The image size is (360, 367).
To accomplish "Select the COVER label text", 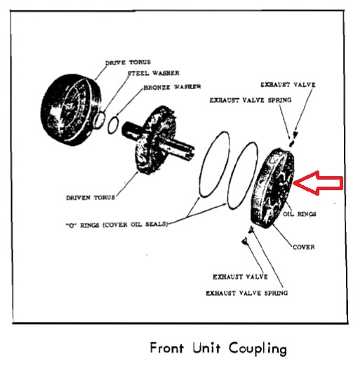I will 302,247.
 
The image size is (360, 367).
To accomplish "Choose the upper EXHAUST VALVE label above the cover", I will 288,84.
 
